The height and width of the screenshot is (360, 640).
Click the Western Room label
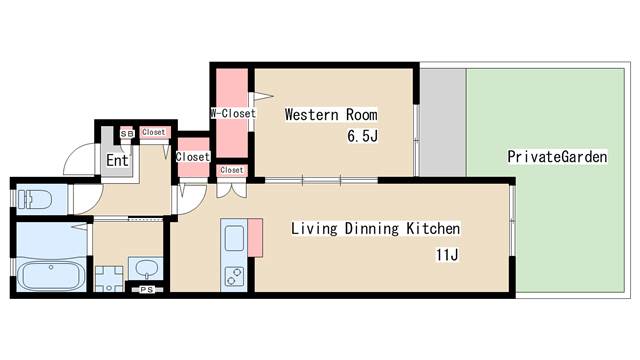[x=331, y=115]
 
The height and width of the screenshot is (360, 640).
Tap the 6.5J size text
[x=362, y=136]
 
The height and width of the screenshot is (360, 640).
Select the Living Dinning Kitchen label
[x=376, y=229]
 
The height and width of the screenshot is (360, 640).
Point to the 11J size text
[x=447, y=255]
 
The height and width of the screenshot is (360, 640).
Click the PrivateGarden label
[x=557, y=157]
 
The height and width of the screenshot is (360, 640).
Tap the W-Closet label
[x=233, y=113]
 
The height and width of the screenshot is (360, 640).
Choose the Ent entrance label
[x=117, y=160]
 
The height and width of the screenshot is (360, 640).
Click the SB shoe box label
[x=127, y=133]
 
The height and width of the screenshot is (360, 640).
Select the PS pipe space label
[x=147, y=290]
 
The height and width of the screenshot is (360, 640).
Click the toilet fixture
[x=35, y=200]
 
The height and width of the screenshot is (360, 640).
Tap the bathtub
[x=51, y=275]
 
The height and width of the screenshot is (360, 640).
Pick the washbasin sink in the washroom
[x=146, y=269]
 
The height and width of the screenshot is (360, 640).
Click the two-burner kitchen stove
[x=234, y=276]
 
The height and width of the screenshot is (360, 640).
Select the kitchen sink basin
[x=234, y=238]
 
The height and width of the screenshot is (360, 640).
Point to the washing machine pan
[x=109, y=279]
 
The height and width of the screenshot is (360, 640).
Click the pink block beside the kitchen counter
[x=256, y=238]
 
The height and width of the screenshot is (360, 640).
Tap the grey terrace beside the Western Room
[x=443, y=122]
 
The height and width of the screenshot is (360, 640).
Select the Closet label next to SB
[x=154, y=132]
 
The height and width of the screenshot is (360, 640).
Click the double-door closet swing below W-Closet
[x=231, y=191]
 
